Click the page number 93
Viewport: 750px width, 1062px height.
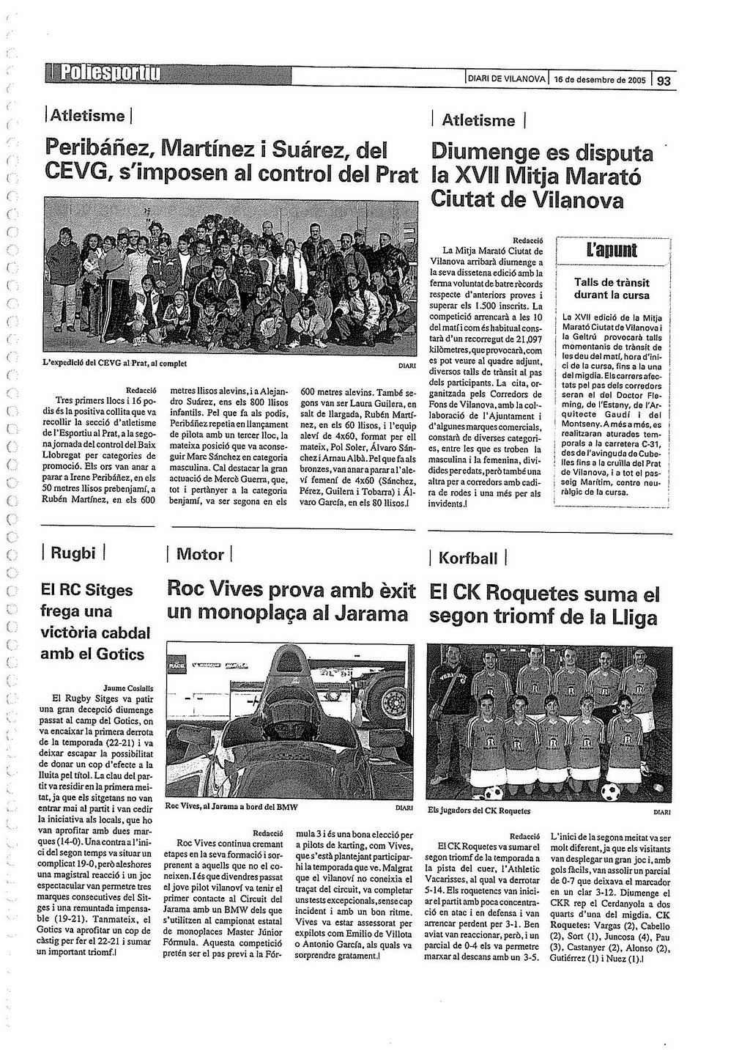click(x=664, y=81)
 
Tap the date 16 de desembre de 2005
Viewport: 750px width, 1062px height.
click(x=599, y=80)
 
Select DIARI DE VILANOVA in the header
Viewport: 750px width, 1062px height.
click(x=506, y=79)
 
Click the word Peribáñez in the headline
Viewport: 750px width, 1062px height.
click(x=98, y=150)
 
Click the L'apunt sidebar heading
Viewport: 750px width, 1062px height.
click(x=612, y=251)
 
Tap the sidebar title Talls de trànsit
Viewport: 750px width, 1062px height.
click(x=612, y=282)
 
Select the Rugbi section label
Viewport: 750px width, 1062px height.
click(x=73, y=553)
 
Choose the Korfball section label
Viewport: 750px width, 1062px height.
click(x=467, y=558)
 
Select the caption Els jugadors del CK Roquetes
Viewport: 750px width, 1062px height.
click(x=479, y=811)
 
